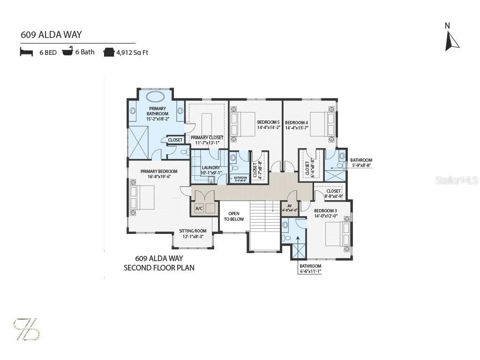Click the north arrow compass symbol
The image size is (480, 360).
tap(452, 40)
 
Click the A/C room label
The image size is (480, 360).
tap(199, 209)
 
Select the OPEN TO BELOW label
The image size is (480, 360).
tap(234, 216)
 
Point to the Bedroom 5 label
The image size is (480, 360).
tap(268, 122)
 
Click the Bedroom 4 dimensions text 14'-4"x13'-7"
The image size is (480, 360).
tap(296, 127)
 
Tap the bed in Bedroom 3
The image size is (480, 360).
tap(337, 233)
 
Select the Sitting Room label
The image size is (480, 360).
tap(193, 231)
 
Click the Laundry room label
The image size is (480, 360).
tap(210, 168)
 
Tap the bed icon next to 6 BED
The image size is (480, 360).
tap(26, 52)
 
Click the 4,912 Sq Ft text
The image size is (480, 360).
tap(133, 52)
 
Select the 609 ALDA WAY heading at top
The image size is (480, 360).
tap(51, 35)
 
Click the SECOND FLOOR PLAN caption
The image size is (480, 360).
tap(159, 268)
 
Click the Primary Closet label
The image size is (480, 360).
tap(207, 137)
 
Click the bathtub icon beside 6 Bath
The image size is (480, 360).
tap(68, 52)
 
